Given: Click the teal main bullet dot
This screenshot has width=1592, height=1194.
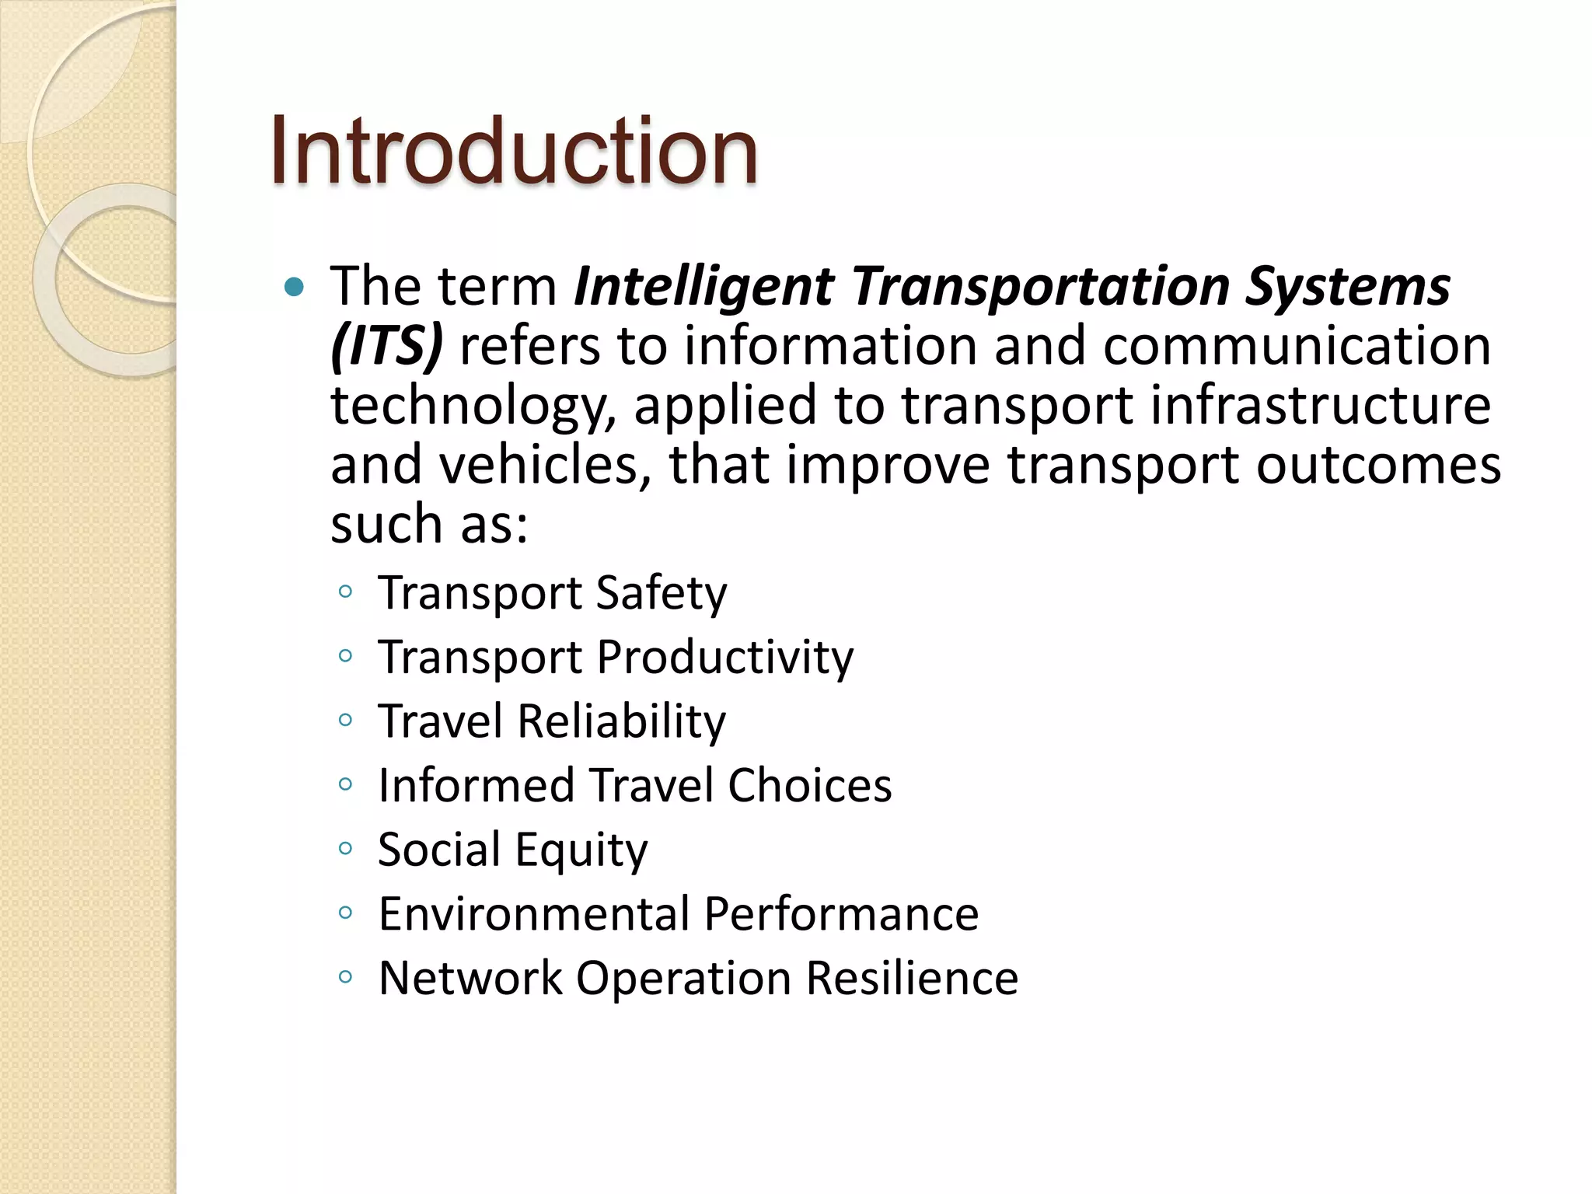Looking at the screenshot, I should [x=295, y=288].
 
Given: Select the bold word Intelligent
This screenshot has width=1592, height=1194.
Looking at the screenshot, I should [x=704, y=287].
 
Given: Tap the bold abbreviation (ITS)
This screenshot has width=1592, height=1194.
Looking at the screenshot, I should [x=386, y=347].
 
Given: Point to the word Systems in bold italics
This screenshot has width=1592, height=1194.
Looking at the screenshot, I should [x=1347, y=287].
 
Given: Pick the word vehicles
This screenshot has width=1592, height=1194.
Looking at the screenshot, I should [x=545, y=465].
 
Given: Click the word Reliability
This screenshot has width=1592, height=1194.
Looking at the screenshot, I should [x=621, y=721].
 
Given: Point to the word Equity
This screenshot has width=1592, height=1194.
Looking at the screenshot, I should [x=581, y=850].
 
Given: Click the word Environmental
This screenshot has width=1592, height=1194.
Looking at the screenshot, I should [x=533, y=913].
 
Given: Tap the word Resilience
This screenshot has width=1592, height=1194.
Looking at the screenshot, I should [x=912, y=978].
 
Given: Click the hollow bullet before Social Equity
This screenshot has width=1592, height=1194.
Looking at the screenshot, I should [x=346, y=848].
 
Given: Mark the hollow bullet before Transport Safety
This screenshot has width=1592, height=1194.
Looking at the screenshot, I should [x=346, y=592].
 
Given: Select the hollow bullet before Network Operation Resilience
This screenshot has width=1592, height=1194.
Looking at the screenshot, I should [x=346, y=976].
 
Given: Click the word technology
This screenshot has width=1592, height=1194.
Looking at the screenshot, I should [x=473, y=406].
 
